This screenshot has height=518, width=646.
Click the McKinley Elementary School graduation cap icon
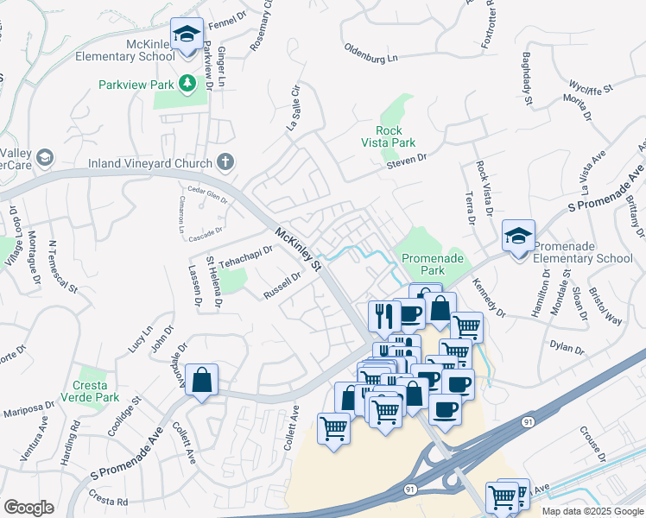click(x=187, y=35)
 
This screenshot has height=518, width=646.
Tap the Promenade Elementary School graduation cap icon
click(x=518, y=236)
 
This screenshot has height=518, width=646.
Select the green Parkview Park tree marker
click(x=187, y=85)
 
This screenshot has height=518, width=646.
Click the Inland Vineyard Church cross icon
click(x=225, y=161)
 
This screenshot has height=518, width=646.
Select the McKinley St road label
click(x=299, y=247)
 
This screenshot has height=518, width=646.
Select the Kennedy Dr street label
click(x=488, y=295)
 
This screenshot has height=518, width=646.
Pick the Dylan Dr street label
click(x=567, y=347)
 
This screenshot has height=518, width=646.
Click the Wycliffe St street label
click(x=591, y=88)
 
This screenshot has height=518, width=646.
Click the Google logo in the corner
click(x=29, y=508)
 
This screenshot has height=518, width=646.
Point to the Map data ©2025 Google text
click(x=592, y=511)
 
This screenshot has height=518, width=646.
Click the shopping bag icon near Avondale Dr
click(x=201, y=380)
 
